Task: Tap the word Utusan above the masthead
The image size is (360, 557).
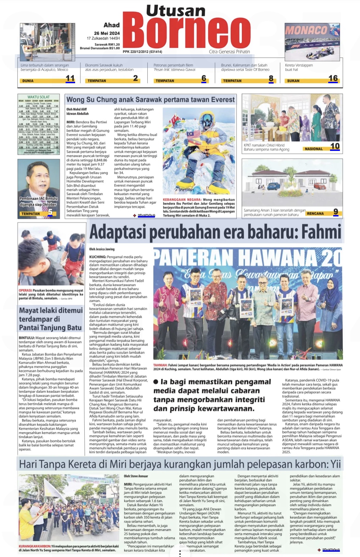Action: point(176,11)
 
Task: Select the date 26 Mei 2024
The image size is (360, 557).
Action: point(107,33)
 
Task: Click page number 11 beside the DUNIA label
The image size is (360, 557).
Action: point(70,79)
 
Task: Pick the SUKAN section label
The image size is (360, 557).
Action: point(293,81)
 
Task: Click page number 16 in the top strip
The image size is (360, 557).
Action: point(333,79)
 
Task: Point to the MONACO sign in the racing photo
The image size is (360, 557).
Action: point(306,30)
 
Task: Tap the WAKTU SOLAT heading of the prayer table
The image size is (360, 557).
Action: point(38,97)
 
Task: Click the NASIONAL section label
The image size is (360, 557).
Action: point(313,149)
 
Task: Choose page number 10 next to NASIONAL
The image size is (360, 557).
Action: point(335,146)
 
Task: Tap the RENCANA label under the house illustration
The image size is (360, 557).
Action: point(315,213)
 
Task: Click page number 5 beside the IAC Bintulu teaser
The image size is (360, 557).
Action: point(50,212)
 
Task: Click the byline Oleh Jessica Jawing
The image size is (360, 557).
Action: point(102,249)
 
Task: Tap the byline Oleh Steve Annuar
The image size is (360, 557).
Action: point(136,476)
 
